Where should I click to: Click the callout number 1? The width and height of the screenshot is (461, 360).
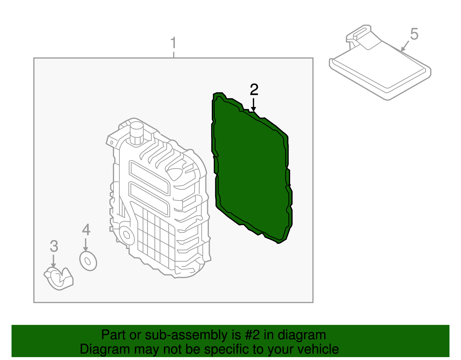pyautogui.click(x=173, y=43)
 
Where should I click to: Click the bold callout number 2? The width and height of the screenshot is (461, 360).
pyautogui.click(x=254, y=90)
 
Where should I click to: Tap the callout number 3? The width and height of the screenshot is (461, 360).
pyautogui.click(x=54, y=246)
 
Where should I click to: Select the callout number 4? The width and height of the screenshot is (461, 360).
pyautogui.click(x=86, y=230)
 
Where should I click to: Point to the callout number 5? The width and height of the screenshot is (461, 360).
pyautogui.click(x=414, y=34)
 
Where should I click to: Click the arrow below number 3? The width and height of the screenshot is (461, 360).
pyautogui.click(x=53, y=261)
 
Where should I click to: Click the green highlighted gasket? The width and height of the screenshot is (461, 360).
pyautogui.click(x=251, y=170)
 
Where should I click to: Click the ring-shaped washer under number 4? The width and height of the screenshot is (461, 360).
pyautogui.click(x=88, y=261)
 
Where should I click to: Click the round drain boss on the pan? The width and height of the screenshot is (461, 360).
pyautogui.click(x=126, y=235)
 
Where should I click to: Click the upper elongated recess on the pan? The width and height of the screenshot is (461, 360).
pyautogui.click(x=149, y=177)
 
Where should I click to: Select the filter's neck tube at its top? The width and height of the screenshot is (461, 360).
pyautogui.click(x=359, y=35)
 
